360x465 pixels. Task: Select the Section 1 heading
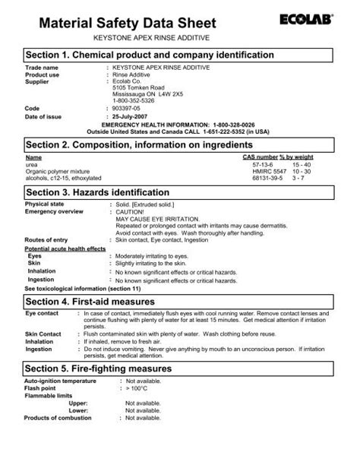pos(150,55)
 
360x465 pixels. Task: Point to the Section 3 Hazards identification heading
pos(109,191)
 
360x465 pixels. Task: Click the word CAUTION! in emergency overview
pos(130,211)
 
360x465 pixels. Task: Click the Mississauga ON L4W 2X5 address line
pos(149,95)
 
